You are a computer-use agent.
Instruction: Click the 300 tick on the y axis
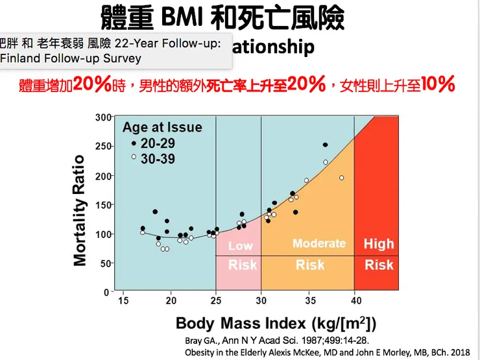[102, 117]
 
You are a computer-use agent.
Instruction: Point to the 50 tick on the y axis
[104, 263]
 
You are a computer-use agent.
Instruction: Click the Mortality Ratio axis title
[80, 210]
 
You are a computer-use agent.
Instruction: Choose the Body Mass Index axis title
[276, 323]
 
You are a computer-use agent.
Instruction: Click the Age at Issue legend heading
[162, 128]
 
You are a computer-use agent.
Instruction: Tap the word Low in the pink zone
[240, 246]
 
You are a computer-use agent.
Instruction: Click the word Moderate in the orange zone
[319, 243]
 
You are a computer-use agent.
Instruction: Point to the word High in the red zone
[379, 244]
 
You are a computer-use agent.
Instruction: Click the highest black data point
[325, 145]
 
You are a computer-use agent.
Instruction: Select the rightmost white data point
[342, 178]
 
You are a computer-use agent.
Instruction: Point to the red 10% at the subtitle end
[437, 85]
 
